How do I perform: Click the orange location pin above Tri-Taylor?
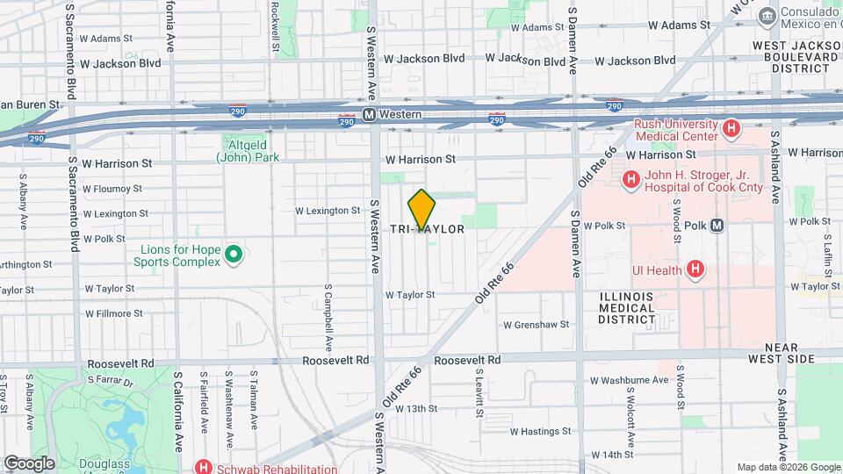pyautogui.click(x=422, y=208)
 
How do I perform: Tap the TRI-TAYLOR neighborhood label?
pyautogui.click(x=428, y=228)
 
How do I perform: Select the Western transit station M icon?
pyautogui.click(x=370, y=115)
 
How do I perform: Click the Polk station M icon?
pyautogui.click(x=717, y=226)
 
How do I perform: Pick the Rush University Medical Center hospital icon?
pyautogui.click(x=731, y=131)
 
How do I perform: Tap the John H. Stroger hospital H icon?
pyautogui.click(x=630, y=180)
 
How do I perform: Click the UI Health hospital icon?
pyautogui.click(x=695, y=269)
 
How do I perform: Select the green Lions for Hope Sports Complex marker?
pyautogui.click(x=233, y=255)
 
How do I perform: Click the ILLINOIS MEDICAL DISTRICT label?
pyautogui.click(x=626, y=308)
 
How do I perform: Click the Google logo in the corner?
pyautogui.click(x=29, y=463)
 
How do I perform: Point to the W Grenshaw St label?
pyautogui.click(x=536, y=325)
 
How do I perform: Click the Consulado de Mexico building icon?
pyautogui.click(x=767, y=15)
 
